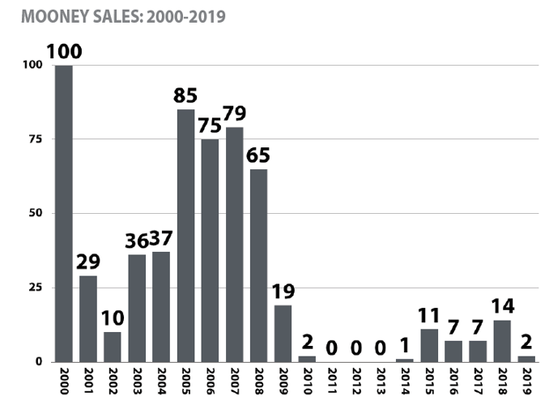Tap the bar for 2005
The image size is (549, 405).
tap(186, 235)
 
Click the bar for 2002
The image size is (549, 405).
tap(113, 347)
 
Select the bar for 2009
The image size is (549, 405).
tap(283, 333)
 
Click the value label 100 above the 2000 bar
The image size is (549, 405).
tap(64, 52)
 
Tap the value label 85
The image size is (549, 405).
tap(186, 96)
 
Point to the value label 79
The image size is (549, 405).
tap(235, 113)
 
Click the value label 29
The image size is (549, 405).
tap(88, 262)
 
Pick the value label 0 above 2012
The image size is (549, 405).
tap(356, 347)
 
